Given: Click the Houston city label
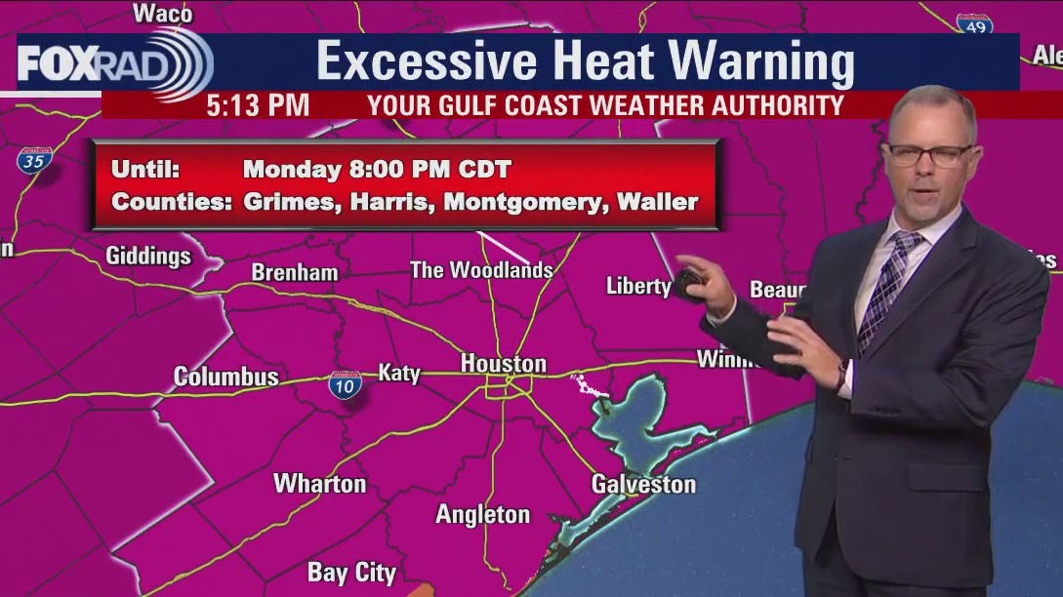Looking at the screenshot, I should click(x=503, y=364).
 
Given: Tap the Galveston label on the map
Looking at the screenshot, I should click(x=643, y=484).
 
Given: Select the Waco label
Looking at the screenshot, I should click(x=162, y=14).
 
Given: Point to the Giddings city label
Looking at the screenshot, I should click(x=148, y=257).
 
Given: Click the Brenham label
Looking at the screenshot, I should click(x=295, y=272).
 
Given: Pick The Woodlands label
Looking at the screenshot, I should click(x=481, y=270).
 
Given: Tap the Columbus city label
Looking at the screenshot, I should click(x=225, y=377).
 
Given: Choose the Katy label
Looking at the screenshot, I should click(x=398, y=373).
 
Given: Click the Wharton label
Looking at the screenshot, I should click(x=319, y=483).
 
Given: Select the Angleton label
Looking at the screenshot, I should click(x=482, y=514).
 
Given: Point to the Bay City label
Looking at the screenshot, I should click(x=351, y=573).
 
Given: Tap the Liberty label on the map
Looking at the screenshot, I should click(x=638, y=286).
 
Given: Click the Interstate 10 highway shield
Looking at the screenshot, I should click(x=346, y=384).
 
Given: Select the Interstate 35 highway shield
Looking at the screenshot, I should click(x=32, y=160).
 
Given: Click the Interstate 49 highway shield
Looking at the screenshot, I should click(x=974, y=25).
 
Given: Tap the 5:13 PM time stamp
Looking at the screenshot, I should click(x=258, y=104).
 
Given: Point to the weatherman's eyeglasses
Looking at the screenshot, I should click(x=928, y=153).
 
